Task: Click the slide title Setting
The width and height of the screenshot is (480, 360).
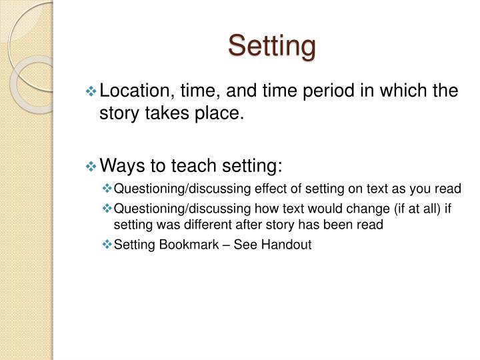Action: [x=271, y=46]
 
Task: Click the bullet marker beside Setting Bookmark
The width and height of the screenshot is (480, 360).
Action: [x=109, y=245]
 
